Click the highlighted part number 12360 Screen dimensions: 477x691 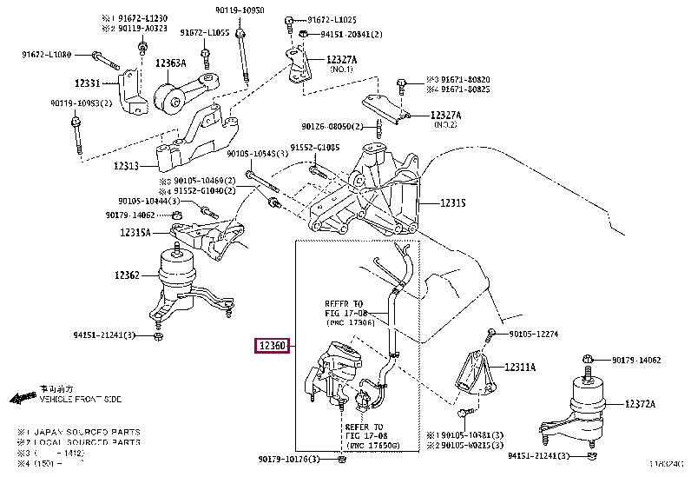271,347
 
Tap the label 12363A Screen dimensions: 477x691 171,63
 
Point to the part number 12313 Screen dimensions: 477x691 127,165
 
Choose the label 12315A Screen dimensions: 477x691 135,232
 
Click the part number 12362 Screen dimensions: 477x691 126,275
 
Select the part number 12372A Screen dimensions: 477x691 641,404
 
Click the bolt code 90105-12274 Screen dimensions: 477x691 533,334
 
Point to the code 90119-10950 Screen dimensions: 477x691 240,10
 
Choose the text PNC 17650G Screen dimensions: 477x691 374,445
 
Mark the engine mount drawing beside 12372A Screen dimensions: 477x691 589,408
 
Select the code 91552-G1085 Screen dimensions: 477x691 315,147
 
